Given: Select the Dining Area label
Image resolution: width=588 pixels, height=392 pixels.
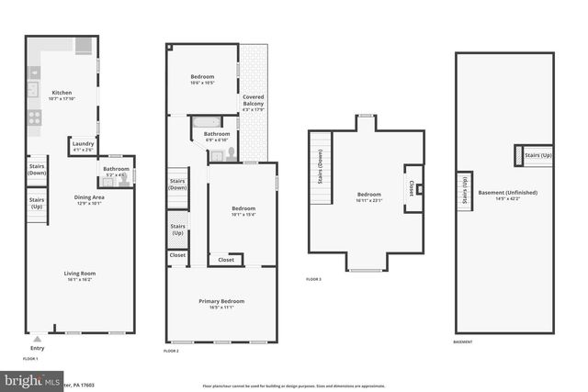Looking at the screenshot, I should pos(89,199).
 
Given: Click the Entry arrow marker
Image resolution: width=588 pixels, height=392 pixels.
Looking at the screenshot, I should pos(37,339).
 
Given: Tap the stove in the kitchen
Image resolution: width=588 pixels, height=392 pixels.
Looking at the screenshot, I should pos(34,118).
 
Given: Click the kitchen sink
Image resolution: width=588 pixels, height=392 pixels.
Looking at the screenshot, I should pos(32,89).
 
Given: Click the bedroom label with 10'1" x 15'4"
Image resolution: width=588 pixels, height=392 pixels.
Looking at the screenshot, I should pos(243,211).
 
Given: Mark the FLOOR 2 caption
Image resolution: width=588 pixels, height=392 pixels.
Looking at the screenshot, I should pos(171,351).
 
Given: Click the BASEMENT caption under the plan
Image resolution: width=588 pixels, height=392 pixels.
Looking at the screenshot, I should pos(463,342).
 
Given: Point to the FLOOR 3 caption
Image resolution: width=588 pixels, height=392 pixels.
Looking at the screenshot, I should pos(314,279).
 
